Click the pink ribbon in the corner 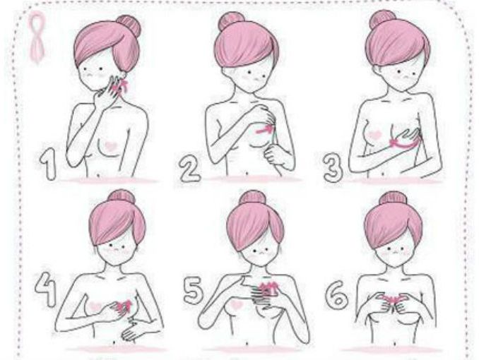click(37, 37)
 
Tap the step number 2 click(189, 169)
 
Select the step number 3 click(333, 167)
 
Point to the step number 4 click(45, 289)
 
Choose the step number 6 click(337, 294)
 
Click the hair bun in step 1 click(129, 25)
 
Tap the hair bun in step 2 click(231, 21)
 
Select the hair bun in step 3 click(383, 20)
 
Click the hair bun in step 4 click(122, 197)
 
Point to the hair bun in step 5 click(252, 198)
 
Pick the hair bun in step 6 click(393, 198)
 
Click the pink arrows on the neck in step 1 click(119, 86)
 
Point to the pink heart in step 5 click(237, 304)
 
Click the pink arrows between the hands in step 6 click(394, 298)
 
